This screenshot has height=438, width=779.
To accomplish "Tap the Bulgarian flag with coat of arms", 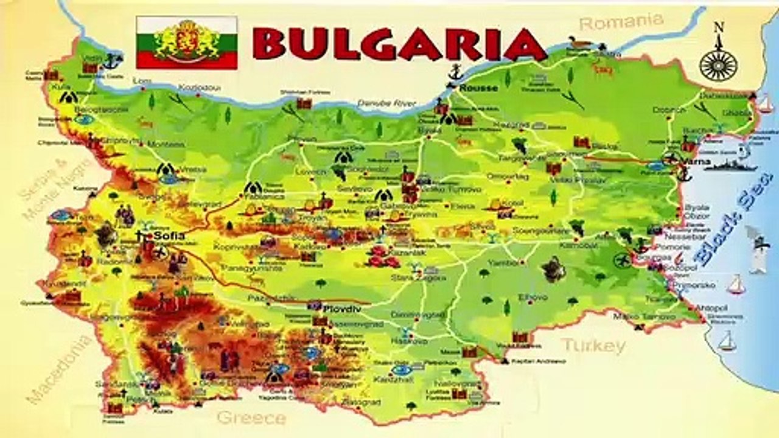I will pyautogui.click(x=187, y=43).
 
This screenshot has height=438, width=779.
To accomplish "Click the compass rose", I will pyautogui.click(x=718, y=61).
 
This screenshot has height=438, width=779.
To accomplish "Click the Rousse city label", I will pyautogui.click(x=478, y=88).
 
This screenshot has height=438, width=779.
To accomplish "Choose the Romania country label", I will pyautogui.click(x=620, y=23).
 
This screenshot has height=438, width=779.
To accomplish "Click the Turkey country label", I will pyautogui.click(x=593, y=346).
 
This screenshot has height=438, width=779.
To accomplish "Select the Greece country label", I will pyautogui.click(x=251, y=418).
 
